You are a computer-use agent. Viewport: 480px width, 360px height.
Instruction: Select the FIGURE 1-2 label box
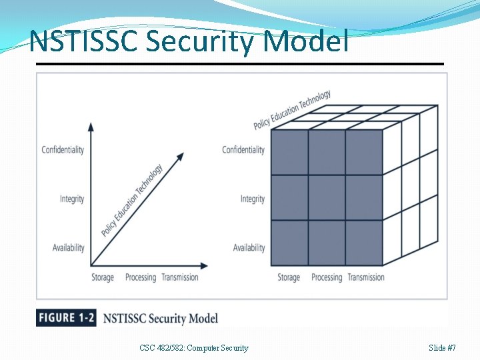pyautogui.click(x=66, y=318)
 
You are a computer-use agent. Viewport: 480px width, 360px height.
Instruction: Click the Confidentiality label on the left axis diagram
pyautogui.click(x=63, y=149)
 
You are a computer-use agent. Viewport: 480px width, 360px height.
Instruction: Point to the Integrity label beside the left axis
pyautogui.click(x=72, y=199)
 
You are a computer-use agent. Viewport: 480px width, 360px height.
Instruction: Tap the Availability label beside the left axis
pyautogui.click(x=69, y=248)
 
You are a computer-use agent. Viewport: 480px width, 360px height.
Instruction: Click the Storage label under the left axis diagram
pyautogui.click(x=103, y=277)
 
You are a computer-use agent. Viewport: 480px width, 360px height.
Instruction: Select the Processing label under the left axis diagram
pyautogui.click(x=141, y=277)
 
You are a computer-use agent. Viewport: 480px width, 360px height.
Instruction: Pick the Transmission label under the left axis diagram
pyautogui.click(x=180, y=277)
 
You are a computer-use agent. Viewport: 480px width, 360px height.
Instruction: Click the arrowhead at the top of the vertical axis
pyautogui.click(x=91, y=126)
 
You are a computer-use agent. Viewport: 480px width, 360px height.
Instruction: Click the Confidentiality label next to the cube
pyautogui.click(x=243, y=149)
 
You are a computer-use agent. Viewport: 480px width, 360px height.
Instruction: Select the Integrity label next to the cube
pyautogui.click(x=253, y=199)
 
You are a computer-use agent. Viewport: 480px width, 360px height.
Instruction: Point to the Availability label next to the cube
pyautogui.click(x=249, y=248)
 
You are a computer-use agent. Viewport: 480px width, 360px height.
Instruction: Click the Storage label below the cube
pyautogui.click(x=289, y=277)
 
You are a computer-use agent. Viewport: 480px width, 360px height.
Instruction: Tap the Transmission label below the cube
pyautogui.click(x=366, y=277)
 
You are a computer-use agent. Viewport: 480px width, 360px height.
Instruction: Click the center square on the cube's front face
pyautogui.click(x=327, y=198)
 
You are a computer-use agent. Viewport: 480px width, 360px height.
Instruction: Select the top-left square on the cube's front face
pyautogui.click(x=289, y=153)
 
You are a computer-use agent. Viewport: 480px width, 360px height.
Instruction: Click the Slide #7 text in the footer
pyautogui.click(x=443, y=347)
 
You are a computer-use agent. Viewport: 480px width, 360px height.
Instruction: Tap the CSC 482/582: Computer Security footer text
pyautogui.click(x=194, y=347)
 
